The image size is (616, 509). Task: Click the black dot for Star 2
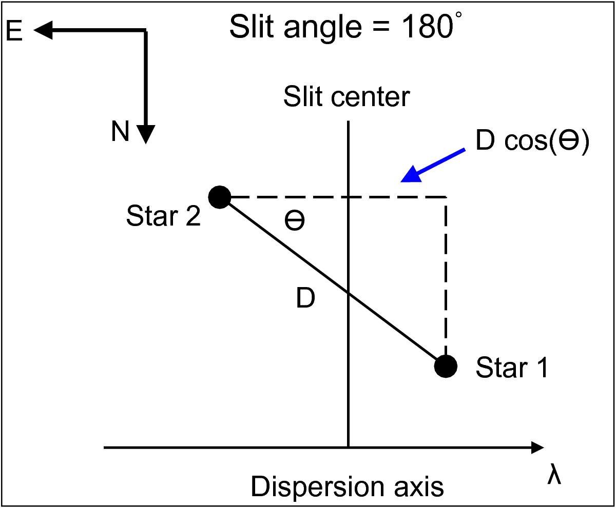(220, 197)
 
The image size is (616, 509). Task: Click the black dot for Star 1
(446, 366)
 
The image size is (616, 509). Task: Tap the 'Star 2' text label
(163, 216)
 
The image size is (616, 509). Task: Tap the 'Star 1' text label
(512, 368)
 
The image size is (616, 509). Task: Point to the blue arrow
(433, 166)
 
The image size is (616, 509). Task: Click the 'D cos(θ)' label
(532, 141)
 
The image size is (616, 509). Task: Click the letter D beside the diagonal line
(305, 298)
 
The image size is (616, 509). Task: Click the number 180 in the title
(428, 27)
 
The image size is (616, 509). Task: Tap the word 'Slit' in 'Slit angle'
(252, 27)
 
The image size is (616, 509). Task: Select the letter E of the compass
(14, 31)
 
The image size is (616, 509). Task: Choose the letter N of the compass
(120, 131)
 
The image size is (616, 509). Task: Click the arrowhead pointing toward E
(43, 30)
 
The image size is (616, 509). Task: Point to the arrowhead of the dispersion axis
(537, 447)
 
